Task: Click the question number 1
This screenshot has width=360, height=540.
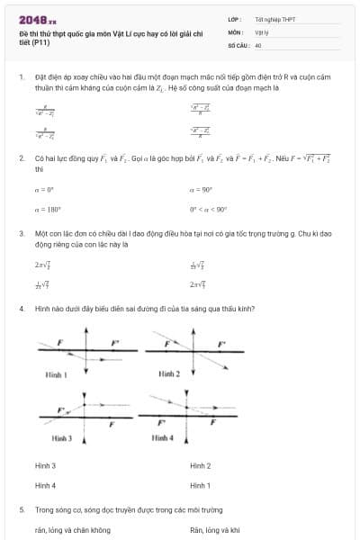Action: pyautogui.click(x=21, y=78)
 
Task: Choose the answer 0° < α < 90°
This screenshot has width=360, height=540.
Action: pyautogui.click(x=208, y=208)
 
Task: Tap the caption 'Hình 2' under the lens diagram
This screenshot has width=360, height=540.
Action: pyautogui.click(x=169, y=373)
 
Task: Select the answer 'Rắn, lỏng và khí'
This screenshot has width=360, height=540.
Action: pyautogui.click(x=215, y=530)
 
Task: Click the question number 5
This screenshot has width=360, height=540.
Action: pyautogui.click(x=21, y=509)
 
